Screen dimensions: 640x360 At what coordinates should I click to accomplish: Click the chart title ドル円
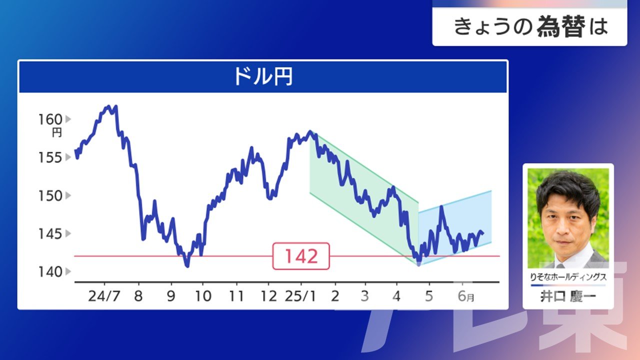263,76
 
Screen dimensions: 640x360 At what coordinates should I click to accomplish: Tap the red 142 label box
301,256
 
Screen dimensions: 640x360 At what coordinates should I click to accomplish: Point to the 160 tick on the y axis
50,119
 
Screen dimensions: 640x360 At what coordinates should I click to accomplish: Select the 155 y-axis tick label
50,157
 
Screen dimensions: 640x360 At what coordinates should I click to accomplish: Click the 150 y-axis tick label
50,195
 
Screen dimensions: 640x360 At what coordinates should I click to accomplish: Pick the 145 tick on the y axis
50,234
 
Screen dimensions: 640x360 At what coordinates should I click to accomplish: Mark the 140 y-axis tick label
50,272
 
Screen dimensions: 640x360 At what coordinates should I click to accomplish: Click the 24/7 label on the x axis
104,296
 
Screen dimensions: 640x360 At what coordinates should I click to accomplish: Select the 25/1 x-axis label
300,296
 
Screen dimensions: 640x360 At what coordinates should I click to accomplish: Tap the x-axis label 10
203,296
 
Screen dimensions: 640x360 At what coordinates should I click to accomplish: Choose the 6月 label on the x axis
466,296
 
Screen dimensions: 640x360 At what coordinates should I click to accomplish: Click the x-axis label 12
268,296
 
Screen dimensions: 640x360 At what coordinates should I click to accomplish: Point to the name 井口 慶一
568,296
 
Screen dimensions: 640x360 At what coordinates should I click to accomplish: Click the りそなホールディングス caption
568,276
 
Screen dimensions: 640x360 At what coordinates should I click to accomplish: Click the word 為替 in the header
561,26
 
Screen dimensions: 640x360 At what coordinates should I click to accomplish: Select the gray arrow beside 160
68,119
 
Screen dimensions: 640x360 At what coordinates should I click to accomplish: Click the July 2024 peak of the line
108,106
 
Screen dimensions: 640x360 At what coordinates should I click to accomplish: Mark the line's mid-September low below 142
187,266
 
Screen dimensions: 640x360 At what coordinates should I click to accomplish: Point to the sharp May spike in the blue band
441,206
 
